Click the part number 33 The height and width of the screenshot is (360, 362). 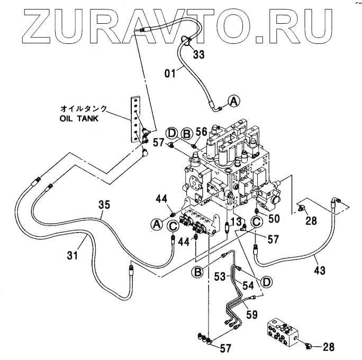[x=198, y=54]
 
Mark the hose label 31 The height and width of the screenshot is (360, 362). [x=73, y=256]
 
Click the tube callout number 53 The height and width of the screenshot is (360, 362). [x=220, y=276]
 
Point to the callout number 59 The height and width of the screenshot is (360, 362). [x=251, y=313]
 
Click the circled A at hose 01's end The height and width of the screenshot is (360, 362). [x=233, y=100]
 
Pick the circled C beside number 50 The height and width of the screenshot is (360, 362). [x=256, y=221]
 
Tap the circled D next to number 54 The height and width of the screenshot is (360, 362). [x=267, y=282]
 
